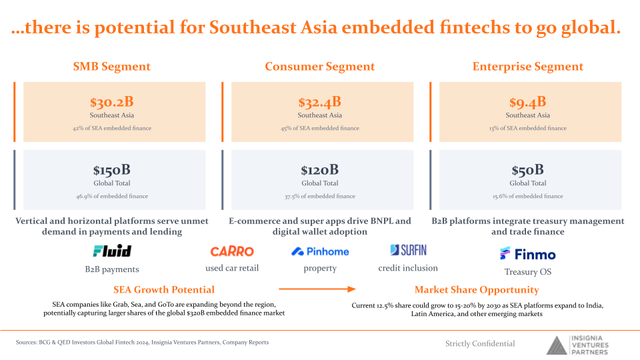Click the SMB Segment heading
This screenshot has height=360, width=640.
pyautogui.click(x=112, y=67)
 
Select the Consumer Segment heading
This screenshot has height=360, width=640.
pyautogui.click(x=319, y=67)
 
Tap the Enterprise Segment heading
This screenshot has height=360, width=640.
pyautogui.click(x=528, y=67)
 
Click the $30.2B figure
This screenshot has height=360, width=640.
pyautogui.click(x=112, y=102)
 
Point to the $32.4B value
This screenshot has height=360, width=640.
pyautogui.click(x=319, y=102)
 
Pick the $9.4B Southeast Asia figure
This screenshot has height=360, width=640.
pyautogui.click(x=528, y=102)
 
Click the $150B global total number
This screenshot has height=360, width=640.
pyautogui.click(x=112, y=170)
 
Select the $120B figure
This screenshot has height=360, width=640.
pyautogui.click(x=319, y=170)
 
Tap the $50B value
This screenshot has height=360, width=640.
pyautogui.click(x=528, y=170)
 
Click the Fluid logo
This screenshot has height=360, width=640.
pyautogui.click(x=112, y=251)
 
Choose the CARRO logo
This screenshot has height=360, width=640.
pyautogui.click(x=232, y=251)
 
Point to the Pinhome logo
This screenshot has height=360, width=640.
pyautogui.click(x=320, y=251)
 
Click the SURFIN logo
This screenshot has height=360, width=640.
pyautogui.click(x=408, y=250)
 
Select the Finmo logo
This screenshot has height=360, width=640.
pyautogui.click(x=528, y=254)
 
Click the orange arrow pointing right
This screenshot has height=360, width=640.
pyautogui.click(x=317, y=289)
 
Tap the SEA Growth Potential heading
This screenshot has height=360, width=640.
pyautogui.click(x=164, y=290)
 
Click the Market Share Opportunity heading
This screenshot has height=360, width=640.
pyautogui.click(x=477, y=290)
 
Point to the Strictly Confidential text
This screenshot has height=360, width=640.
pyautogui.click(x=480, y=344)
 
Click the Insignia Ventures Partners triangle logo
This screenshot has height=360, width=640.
pyautogui.click(x=557, y=345)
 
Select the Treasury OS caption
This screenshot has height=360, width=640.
pyautogui.click(x=528, y=272)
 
